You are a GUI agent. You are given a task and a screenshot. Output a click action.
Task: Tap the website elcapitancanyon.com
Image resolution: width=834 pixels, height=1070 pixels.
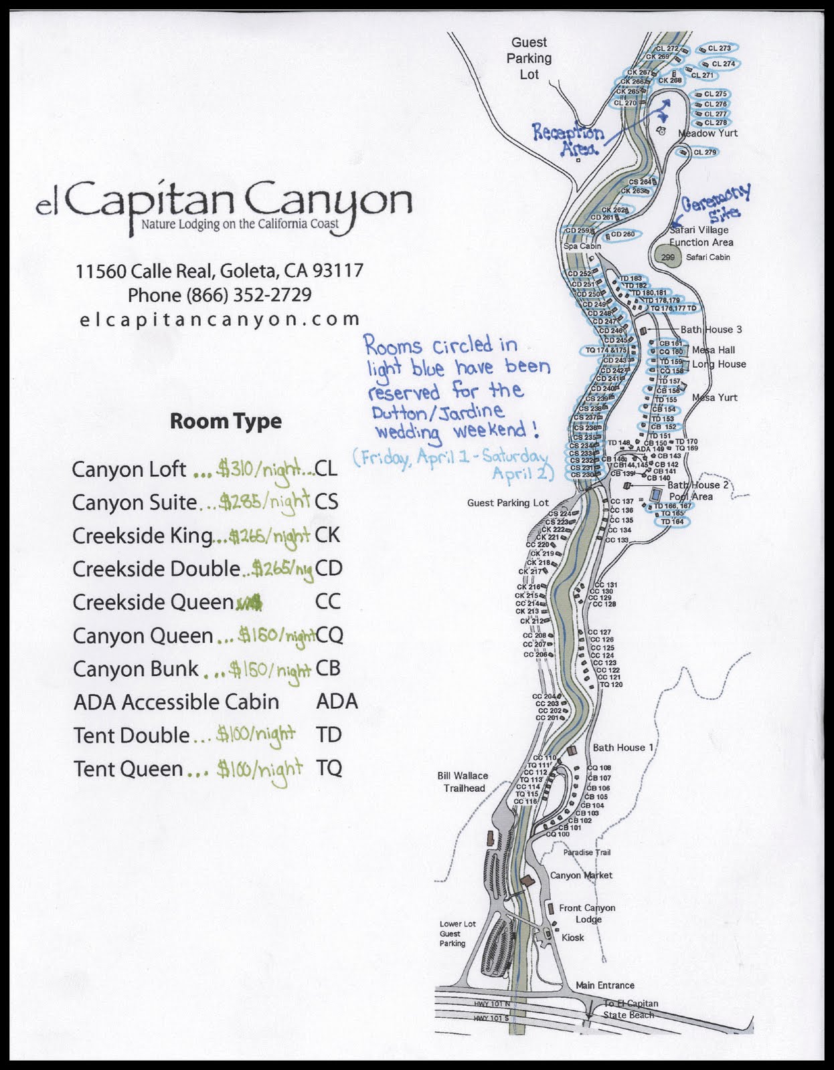pos(220,320)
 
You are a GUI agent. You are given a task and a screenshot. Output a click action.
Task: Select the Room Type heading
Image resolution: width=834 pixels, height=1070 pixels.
pos(226,421)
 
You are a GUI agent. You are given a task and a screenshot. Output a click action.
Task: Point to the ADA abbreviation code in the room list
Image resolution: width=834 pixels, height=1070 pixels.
pos(337,702)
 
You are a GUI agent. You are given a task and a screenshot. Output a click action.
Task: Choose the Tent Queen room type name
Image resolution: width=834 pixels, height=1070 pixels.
pos(128,769)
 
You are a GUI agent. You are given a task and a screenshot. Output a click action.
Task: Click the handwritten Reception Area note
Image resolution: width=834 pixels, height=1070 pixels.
pos(568,139)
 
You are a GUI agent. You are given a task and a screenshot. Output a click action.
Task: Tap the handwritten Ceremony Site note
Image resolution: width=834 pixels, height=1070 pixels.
pos(715,203)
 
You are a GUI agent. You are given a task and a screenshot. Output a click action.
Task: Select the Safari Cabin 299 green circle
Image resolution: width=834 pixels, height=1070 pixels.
pos(668,257)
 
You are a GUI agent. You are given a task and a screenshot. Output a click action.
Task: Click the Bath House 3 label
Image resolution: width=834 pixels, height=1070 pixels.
pos(711,330)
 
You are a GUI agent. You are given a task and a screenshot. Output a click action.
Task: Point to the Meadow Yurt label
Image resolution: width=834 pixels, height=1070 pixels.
pos(708,133)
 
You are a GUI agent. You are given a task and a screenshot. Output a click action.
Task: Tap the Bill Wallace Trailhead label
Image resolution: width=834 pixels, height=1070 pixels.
pos(463,782)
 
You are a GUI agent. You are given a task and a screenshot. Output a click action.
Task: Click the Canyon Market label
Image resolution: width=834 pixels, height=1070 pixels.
pos(581,875)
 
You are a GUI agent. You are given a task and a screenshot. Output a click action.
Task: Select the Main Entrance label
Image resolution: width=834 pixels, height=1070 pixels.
pos(605,985)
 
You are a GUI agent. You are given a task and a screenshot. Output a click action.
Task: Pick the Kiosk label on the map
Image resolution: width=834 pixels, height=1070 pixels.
pos(573,938)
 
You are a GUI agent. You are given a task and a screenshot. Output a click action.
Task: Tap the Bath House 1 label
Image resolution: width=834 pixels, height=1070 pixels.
pos(623,747)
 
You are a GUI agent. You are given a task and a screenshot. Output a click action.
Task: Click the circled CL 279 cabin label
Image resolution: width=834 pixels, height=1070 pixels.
pos(704,152)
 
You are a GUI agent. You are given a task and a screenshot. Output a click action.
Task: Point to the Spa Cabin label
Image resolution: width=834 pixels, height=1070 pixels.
pos(582,246)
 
